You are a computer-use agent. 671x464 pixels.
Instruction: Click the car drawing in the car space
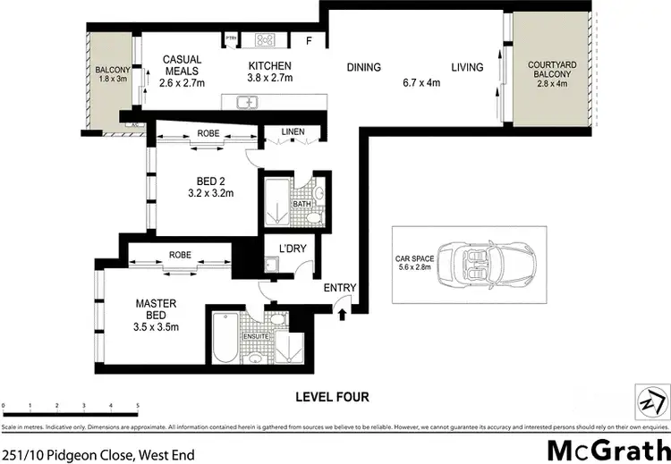click(480, 266)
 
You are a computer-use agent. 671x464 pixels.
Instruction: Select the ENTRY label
click(341, 288)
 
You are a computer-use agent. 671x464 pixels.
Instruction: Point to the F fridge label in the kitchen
click(310, 40)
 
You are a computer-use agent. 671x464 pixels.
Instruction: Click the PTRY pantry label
click(231, 38)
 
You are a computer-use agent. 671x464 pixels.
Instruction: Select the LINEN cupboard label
click(292, 132)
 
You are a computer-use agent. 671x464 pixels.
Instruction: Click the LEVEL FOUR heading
click(333, 397)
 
